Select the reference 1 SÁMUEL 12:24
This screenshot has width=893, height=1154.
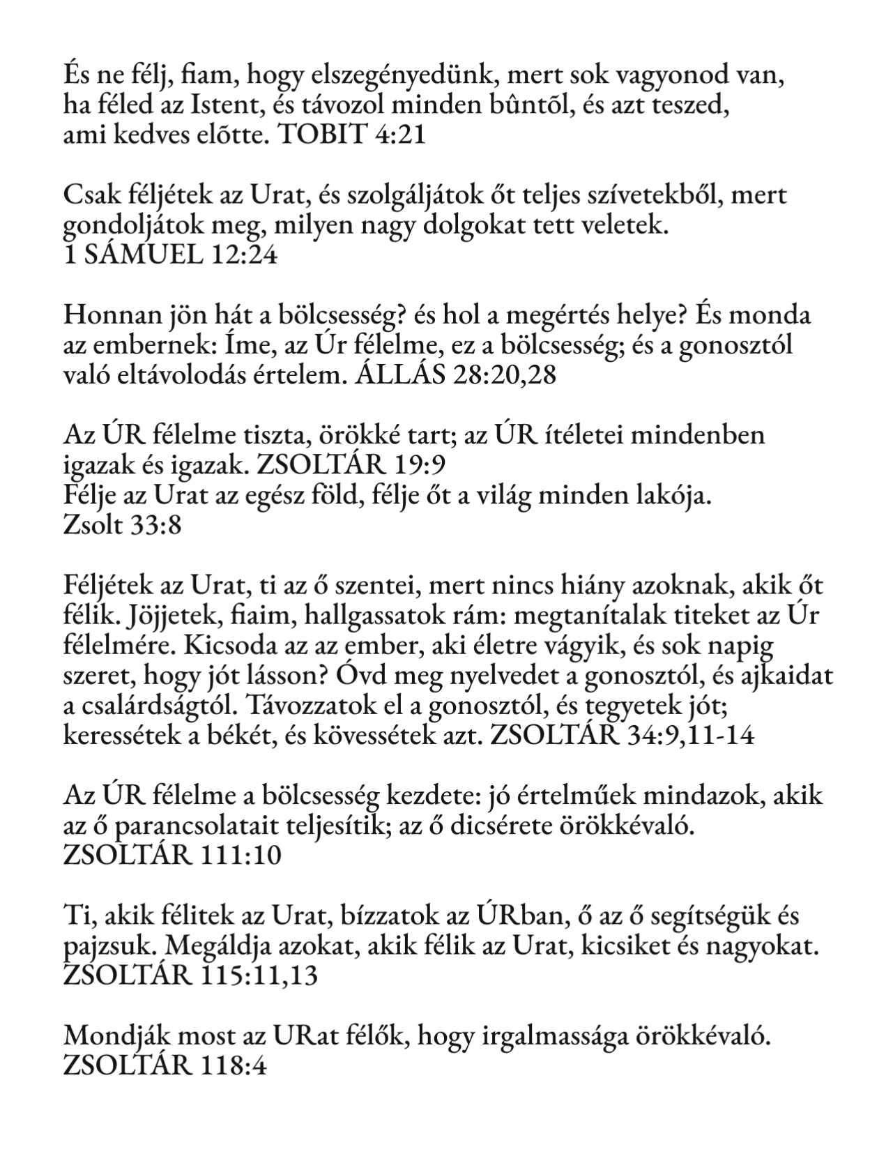pyautogui.click(x=170, y=255)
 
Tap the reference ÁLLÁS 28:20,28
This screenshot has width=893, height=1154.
pyautogui.click(x=456, y=376)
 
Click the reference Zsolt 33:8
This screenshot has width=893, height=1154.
pyautogui.click(x=122, y=524)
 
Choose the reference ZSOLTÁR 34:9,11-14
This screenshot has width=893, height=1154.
pyautogui.click(x=623, y=736)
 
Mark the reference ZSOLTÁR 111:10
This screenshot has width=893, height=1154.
pyautogui.click(x=172, y=855)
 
